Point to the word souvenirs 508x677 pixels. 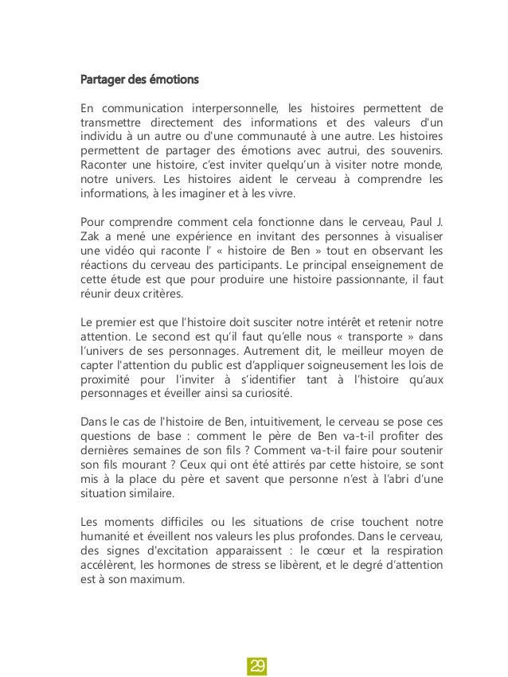tap(412, 150)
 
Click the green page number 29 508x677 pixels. tap(255, 665)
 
